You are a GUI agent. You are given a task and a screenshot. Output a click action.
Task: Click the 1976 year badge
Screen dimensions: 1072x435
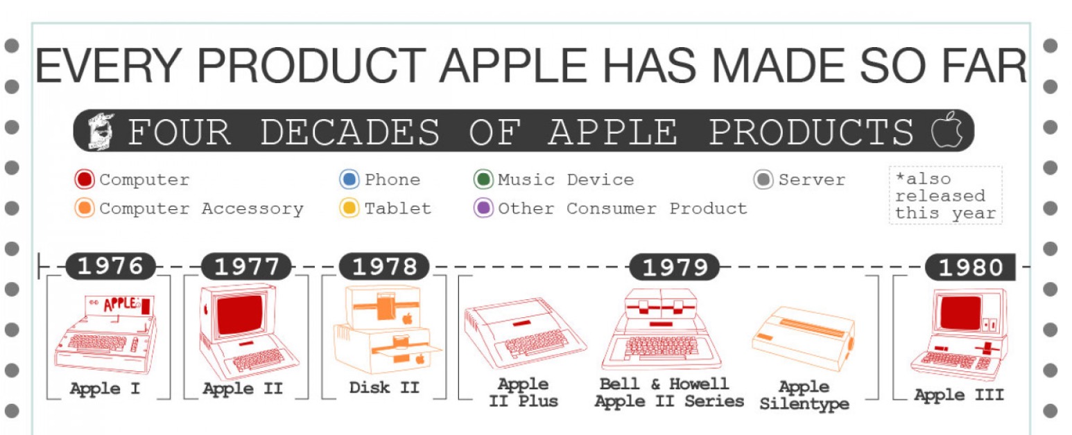click(110, 266)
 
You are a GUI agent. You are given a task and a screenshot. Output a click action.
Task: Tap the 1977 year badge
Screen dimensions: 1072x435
click(246, 266)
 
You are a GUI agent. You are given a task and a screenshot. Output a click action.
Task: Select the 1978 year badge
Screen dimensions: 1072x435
click(384, 266)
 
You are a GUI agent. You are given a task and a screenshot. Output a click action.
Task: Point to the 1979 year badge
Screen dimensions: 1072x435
click(675, 267)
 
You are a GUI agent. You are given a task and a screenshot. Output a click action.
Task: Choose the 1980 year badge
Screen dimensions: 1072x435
click(970, 267)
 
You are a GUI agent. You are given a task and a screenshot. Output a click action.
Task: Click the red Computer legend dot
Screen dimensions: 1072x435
click(85, 179)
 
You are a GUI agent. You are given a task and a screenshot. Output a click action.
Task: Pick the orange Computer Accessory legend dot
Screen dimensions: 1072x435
click(85, 208)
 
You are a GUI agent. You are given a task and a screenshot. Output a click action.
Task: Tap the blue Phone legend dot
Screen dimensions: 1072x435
click(349, 179)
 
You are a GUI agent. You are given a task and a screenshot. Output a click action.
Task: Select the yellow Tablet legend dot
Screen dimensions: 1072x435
click(349, 208)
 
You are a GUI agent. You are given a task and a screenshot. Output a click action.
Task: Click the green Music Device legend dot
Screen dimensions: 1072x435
click(483, 179)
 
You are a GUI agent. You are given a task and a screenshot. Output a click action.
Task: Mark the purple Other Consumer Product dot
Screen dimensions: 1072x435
click(483, 208)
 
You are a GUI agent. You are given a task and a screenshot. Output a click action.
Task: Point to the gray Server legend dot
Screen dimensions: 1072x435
click(763, 179)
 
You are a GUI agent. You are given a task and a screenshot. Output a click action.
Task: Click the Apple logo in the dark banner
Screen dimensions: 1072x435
click(946, 130)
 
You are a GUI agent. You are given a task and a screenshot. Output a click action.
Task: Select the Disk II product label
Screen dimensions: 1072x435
click(384, 387)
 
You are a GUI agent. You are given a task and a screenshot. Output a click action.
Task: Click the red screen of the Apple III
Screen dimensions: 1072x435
click(960, 313)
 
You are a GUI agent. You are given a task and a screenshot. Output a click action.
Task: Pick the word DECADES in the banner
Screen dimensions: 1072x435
click(350, 132)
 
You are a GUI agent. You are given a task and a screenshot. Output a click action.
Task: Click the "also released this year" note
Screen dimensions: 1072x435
click(945, 195)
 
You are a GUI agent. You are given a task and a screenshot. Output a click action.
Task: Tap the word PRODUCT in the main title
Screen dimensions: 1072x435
click(311, 66)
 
